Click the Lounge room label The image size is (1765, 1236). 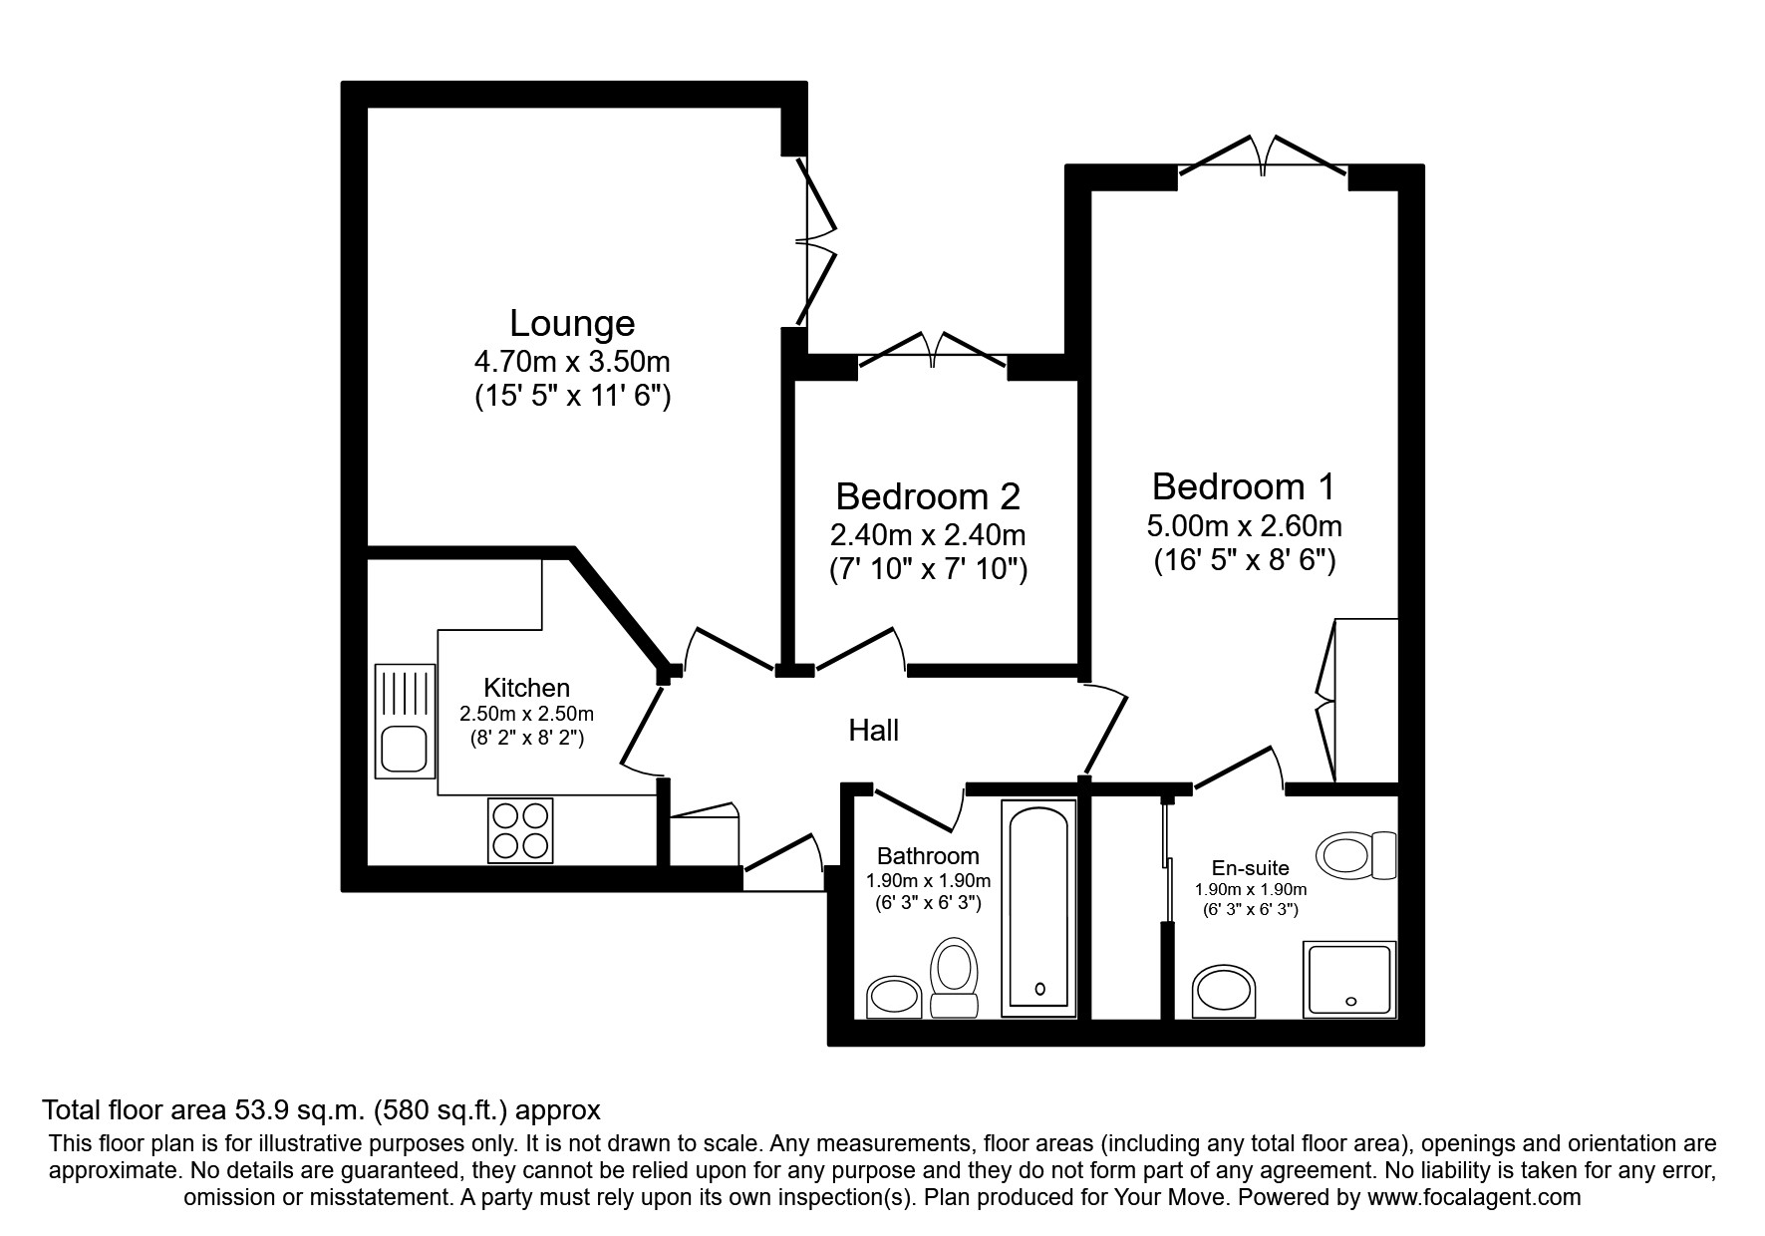coord(572,324)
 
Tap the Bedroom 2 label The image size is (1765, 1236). coord(928,496)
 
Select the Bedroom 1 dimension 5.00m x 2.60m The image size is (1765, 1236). coord(1245,525)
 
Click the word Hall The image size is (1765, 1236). coord(873,731)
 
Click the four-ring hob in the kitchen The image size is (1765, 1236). coord(520,830)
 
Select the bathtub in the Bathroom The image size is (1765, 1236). coord(1039,907)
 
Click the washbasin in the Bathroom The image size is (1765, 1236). coord(894,996)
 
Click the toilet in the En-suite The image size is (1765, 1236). coord(1356,854)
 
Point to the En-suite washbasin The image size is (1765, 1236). coord(1226,991)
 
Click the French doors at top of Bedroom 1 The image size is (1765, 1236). coord(1264,154)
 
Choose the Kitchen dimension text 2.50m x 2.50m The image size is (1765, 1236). coord(526,714)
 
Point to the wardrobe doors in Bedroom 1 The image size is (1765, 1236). coord(1326,700)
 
